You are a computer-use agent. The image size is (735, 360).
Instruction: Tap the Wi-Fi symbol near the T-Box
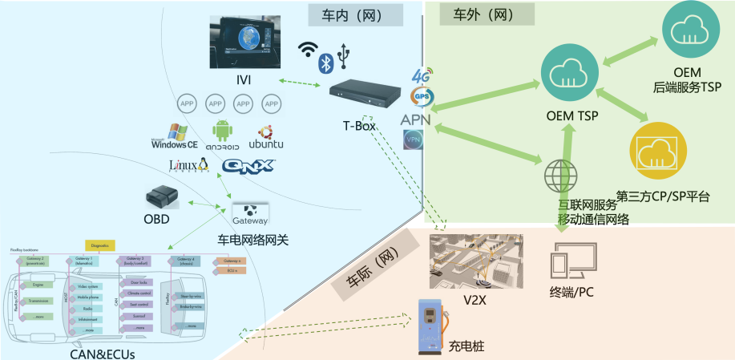[307, 50]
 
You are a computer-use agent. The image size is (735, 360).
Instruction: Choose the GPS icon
[421, 97]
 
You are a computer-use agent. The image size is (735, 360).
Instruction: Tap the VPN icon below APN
[414, 139]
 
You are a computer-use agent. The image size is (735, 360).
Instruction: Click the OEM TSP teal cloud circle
[570, 75]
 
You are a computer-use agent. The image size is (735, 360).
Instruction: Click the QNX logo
[249, 166]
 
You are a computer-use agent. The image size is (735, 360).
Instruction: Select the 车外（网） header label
[479, 14]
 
